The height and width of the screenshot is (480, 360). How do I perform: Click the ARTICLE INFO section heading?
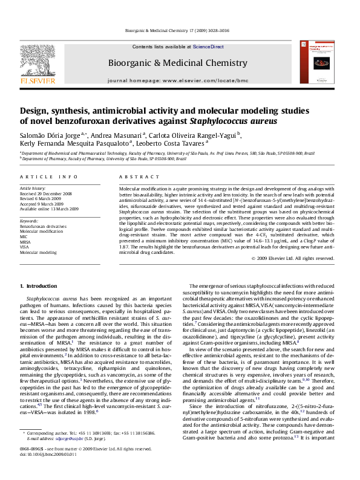pyautogui.click(x=48, y=177)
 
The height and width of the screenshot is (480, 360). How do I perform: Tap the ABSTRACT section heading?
pyautogui.click(x=134, y=177)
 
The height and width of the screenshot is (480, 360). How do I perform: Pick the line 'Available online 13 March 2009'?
pyautogui.click(x=50, y=209)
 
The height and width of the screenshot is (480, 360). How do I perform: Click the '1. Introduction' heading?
pyautogui.click(x=38, y=285)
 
